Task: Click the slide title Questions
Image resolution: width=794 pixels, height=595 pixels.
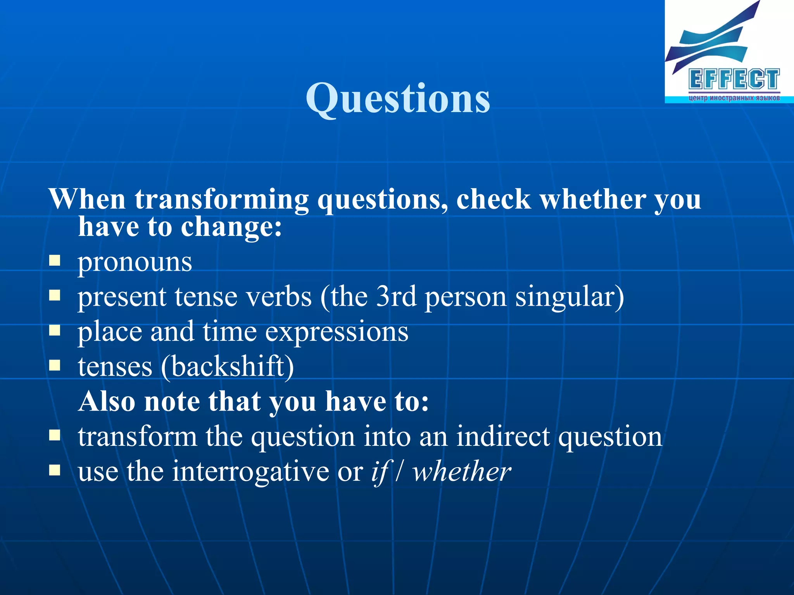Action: tap(398, 99)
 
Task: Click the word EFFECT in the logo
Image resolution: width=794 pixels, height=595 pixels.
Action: tap(734, 79)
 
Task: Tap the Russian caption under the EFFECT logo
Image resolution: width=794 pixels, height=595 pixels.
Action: tap(734, 98)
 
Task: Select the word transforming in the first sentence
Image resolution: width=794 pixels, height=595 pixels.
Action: tap(221, 199)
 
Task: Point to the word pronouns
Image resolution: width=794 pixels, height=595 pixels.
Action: tap(135, 262)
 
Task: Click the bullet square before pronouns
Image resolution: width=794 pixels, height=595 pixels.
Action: tap(55, 260)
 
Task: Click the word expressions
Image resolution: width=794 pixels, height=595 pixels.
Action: tap(337, 332)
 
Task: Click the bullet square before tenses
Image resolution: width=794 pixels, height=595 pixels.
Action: tap(55, 365)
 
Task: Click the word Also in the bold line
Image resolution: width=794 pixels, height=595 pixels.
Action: tap(107, 401)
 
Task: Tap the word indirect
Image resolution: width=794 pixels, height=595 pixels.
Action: tap(502, 437)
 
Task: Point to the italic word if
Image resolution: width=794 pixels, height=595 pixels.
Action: tap(380, 472)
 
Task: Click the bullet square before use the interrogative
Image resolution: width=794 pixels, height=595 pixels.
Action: tap(55, 470)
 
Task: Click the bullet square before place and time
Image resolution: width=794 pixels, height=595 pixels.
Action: tap(55, 330)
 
